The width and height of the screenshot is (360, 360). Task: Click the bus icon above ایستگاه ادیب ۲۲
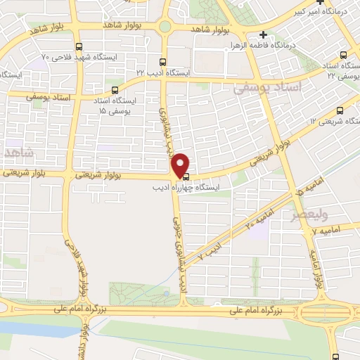pyautogui.click(x=163, y=61)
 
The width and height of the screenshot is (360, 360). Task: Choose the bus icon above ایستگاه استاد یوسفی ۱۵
pyautogui.click(x=115, y=90)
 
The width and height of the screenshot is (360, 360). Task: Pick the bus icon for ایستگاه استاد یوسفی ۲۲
pyautogui.click(x=343, y=54)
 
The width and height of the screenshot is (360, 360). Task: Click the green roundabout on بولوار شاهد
pyautogui.click(x=165, y=27)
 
